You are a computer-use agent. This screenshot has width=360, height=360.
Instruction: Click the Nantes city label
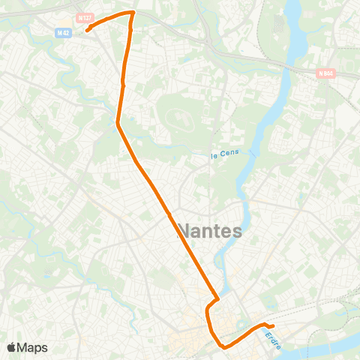[210, 231]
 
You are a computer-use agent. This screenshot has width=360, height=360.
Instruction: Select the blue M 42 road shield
[64, 33]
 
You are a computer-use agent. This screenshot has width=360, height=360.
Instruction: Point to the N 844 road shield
[325, 73]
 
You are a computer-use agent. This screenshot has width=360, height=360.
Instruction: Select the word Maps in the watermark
[32, 348]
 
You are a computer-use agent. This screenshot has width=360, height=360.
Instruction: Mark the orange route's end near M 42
[87, 31]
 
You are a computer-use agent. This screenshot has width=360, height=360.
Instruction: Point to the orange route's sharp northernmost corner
[133, 12]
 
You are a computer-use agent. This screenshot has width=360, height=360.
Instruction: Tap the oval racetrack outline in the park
[181, 118]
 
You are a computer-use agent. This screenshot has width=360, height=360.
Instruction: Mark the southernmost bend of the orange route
[224, 346]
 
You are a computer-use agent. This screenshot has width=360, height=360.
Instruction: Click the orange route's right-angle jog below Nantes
[216, 300]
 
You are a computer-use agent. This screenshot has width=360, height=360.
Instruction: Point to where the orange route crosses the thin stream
[118, 120]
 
